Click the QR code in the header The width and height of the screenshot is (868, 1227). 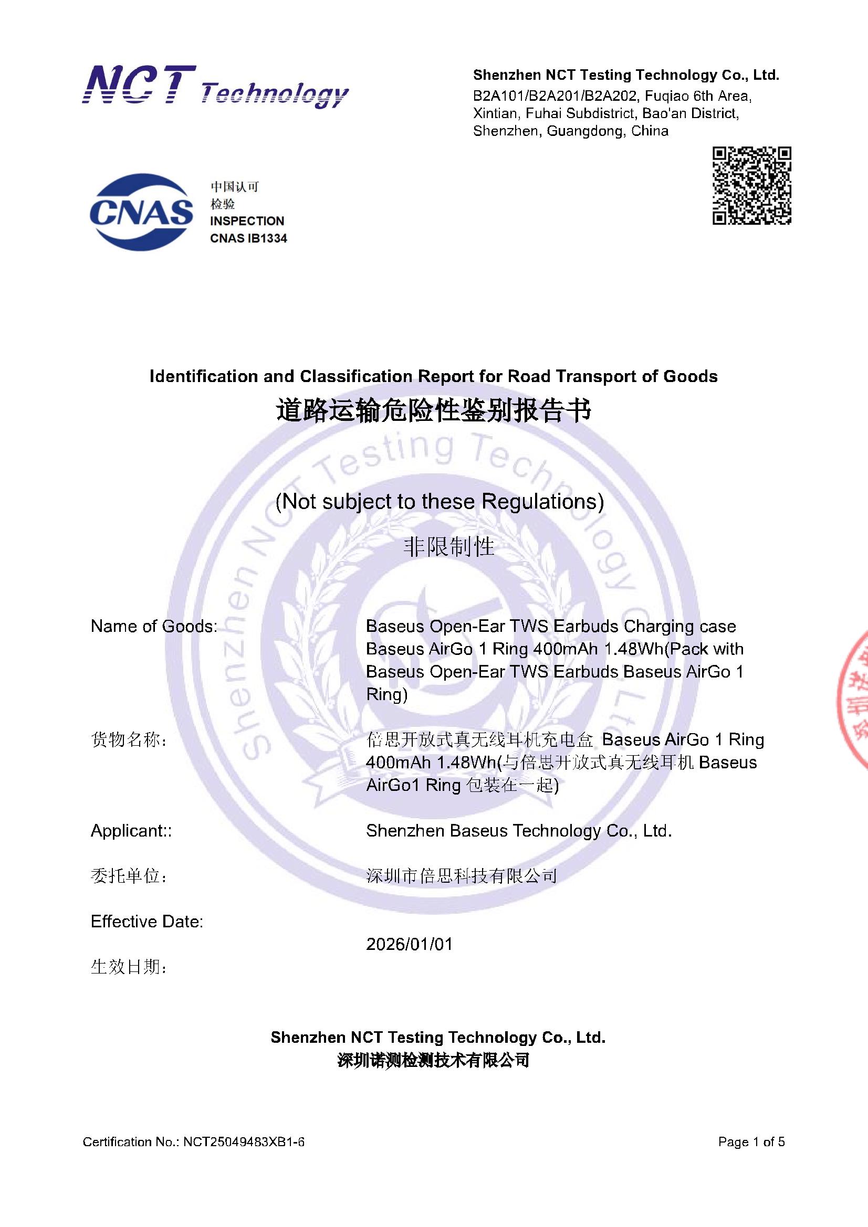751,185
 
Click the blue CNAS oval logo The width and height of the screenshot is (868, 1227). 141,211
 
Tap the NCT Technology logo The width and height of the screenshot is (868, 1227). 215,87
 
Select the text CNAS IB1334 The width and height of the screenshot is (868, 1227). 248,238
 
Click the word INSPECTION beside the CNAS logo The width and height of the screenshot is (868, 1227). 247,221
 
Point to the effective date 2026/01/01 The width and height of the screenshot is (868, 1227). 409,944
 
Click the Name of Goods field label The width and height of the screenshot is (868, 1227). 154,626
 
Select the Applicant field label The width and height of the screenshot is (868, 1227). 131,830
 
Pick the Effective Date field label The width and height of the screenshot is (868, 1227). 147,922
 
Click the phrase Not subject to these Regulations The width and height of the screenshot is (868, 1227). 439,501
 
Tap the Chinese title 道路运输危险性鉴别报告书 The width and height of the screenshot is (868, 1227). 433,411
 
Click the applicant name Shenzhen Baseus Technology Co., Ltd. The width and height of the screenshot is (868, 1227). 519,830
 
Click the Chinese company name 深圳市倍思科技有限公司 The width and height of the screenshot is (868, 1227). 461,875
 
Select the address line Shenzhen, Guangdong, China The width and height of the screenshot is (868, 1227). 571,131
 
